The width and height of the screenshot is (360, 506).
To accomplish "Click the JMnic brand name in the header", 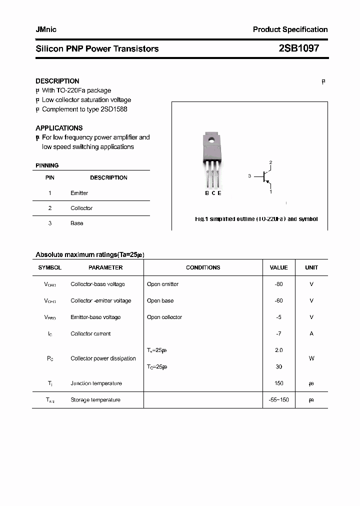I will point(46,29).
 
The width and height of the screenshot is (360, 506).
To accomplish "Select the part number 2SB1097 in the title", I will point(298,48).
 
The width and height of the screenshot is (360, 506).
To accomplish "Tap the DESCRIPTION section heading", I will point(57,81).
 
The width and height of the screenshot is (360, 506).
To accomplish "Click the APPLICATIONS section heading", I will point(59,128).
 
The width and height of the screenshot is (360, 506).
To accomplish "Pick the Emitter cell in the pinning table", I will point(79,193).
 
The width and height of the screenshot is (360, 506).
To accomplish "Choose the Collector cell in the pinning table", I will point(81,208).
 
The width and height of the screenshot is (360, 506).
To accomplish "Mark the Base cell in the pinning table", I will point(76,223).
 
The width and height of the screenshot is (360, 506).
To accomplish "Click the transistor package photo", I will point(212,160).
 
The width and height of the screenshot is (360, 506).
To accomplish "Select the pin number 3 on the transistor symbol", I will point(249,176).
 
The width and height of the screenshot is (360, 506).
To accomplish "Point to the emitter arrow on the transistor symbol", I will point(268,182).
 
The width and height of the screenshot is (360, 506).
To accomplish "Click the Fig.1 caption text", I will point(256,219).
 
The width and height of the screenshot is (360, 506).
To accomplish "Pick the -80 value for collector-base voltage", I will point(278,284).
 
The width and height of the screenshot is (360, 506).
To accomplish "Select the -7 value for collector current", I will point(278,333).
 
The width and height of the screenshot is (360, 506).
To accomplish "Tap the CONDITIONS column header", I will point(203,267).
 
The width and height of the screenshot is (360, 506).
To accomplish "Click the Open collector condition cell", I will point(164,317).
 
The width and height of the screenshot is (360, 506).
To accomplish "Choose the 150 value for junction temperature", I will point(278,383).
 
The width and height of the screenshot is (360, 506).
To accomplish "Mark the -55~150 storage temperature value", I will point(278,400).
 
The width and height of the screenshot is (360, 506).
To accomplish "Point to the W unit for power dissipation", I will point(311,358).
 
